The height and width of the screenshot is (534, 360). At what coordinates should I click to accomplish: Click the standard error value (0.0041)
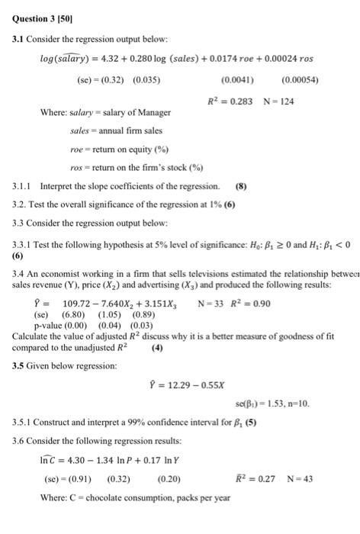(x=237, y=79)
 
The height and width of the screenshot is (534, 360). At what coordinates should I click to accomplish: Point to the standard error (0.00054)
(x=301, y=79)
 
